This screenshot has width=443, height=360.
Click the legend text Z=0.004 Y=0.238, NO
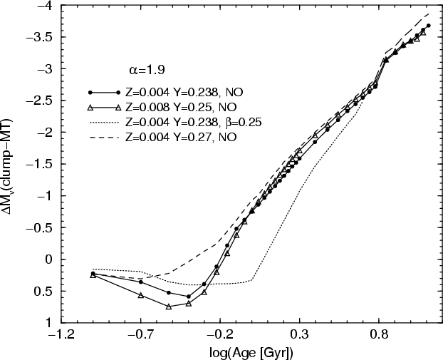coord(176,93)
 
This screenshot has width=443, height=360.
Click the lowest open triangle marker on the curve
coord(169,307)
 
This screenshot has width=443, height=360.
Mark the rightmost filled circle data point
coord(428,26)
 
